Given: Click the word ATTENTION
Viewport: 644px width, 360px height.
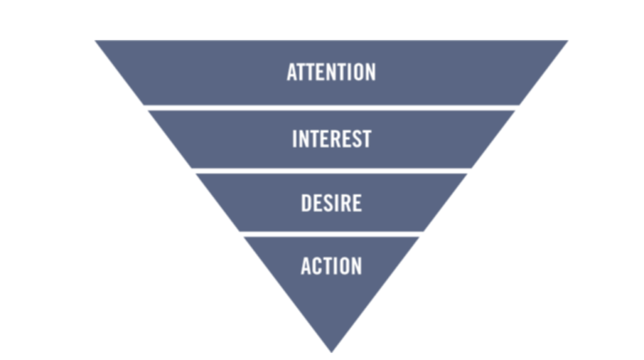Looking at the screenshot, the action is [331, 72].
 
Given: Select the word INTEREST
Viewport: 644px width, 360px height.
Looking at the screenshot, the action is [331, 139].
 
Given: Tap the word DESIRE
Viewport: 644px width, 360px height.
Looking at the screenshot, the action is [331, 203].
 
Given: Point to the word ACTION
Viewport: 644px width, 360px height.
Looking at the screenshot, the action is [331, 266].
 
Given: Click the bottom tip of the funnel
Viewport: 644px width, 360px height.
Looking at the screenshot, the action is [331, 352].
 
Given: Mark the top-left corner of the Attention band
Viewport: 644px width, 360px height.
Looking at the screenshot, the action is [96, 41].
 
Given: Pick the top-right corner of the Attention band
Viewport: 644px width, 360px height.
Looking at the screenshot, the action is [568, 41].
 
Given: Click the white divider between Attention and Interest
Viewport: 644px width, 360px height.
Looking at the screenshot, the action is [331, 108].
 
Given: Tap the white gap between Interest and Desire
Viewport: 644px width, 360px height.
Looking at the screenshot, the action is [331, 171].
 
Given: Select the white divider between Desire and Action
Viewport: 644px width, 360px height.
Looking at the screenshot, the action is [331, 234].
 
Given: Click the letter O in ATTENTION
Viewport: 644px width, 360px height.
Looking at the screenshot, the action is [356, 72].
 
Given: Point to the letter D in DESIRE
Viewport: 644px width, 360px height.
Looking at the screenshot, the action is [306, 203].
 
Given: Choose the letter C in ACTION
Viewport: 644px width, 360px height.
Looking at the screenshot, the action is [317, 266].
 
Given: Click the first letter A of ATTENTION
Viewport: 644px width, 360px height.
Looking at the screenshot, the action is [292, 72].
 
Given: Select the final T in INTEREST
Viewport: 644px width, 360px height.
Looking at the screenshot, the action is [367, 139].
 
